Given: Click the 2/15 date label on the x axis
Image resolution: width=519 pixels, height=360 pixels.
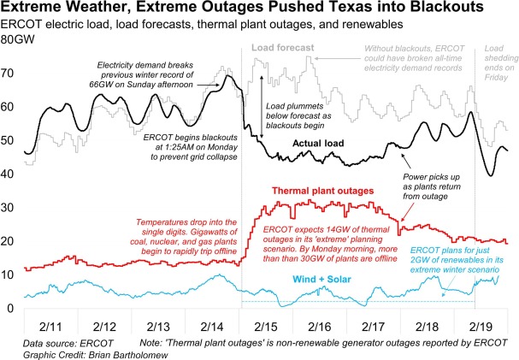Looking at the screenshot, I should pos(265,327).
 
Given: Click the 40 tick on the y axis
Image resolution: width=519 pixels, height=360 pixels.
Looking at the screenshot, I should pos(8,174).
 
